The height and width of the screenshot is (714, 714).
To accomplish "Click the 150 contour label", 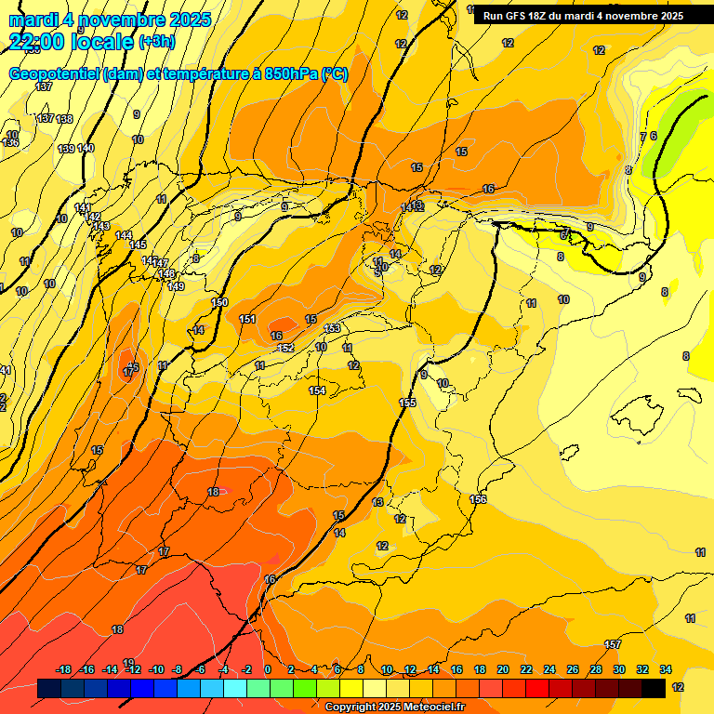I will coord(219,302).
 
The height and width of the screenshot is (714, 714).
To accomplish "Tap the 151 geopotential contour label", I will coord(247,319).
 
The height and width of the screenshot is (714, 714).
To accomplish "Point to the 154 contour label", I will coord(318,390).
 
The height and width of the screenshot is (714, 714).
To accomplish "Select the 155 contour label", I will coord(407,403).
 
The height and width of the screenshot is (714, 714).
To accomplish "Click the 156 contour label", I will coord(478,499).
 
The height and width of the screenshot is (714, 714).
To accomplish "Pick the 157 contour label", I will coord(613,644).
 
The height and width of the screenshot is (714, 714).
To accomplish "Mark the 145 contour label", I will coord(138,245).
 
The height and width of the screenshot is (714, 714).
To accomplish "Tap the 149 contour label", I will coord(176,285).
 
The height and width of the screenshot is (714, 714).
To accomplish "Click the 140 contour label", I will coord(86,149).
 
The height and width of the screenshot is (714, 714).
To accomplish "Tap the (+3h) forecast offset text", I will coord(156,42).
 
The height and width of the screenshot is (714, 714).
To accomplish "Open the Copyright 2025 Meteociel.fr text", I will coord(394,707).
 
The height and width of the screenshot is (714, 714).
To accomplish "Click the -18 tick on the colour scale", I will coord(63,669).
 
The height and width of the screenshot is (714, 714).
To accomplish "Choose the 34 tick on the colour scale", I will coord(666,669).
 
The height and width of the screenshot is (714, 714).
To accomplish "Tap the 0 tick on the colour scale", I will coord(267,669).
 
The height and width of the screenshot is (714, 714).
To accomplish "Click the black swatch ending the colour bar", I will coord(654,688).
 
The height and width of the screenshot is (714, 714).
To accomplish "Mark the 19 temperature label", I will coord(128,663).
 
